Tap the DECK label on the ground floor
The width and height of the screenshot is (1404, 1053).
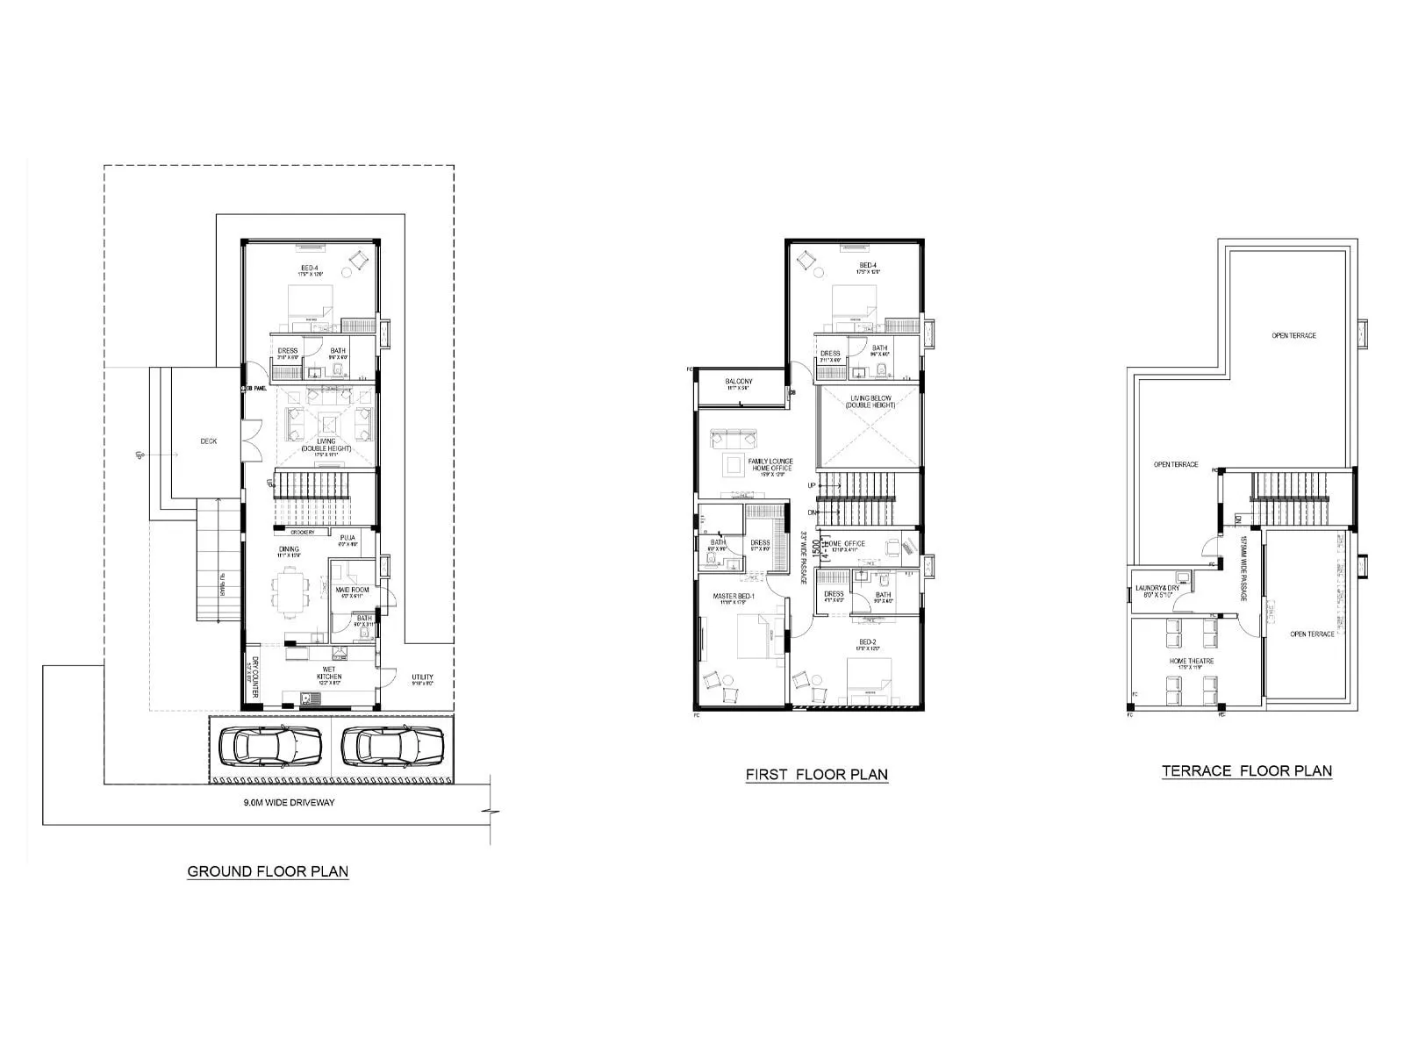pyautogui.click(x=208, y=441)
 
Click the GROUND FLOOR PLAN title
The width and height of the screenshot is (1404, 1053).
pyautogui.click(x=268, y=872)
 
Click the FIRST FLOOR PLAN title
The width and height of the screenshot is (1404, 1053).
pyautogui.click(x=816, y=775)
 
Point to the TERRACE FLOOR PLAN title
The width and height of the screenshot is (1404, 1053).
pyautogui.click(x=1246, y=771)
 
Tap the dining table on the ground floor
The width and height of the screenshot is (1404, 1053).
pyautogui.click(x=290, y=589)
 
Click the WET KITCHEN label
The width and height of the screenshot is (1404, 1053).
pyautogui.click(x=330, y=673)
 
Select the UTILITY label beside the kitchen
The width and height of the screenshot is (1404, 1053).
pyautogui.click(x=422, y=677)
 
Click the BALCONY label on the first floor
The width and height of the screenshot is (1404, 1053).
pyautogui.click(x=738, y=382)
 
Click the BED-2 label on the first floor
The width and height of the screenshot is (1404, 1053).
pyautogui.click(x=869, y=642)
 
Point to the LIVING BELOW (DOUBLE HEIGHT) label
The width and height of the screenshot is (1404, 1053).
pyautogui.click(x=871, y=402)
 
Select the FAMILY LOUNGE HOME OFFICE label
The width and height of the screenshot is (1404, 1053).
pyautogui.click(x=770, y=464)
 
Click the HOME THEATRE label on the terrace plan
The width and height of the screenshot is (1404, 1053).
pyautogui.click(x=1191, y=661)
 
